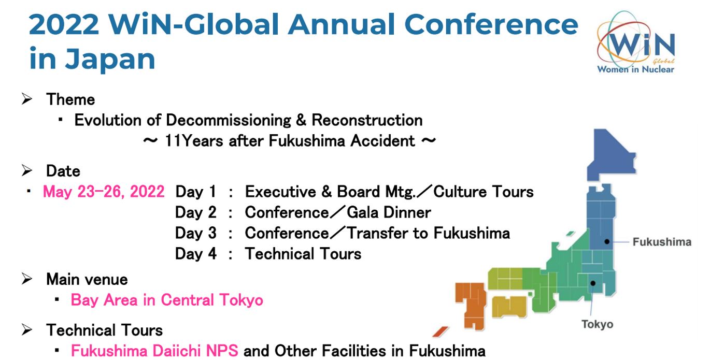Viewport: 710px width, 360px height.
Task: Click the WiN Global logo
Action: [x=635, y=43]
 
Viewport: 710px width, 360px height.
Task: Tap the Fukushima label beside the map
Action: [x=662, y=242]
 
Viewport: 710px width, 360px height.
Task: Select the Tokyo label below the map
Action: [x=597, y=324]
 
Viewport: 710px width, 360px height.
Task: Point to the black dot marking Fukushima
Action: [x=607, y=241]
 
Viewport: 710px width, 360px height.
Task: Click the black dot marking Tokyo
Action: [x=593, y=283]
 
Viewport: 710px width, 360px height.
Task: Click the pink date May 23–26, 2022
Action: [x=104, y=192]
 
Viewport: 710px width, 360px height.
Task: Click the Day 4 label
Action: [x=195, y=254]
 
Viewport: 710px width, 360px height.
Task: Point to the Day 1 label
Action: [x=195, y=192]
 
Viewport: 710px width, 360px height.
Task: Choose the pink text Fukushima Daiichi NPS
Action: [x=154, y=351]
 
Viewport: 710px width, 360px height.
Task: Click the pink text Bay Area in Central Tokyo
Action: [x=167, y=300]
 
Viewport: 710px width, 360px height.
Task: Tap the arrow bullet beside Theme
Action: [x=27, y=99]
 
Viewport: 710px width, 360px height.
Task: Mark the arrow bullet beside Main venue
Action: [x=27, y=279]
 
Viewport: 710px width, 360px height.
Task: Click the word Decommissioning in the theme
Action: [x=228, y=120]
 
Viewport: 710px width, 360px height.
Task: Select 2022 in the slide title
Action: [x=64, y=25]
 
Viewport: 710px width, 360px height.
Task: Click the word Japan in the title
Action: [x=110, y=60]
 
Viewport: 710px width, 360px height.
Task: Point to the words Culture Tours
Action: [x=484, y=192]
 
